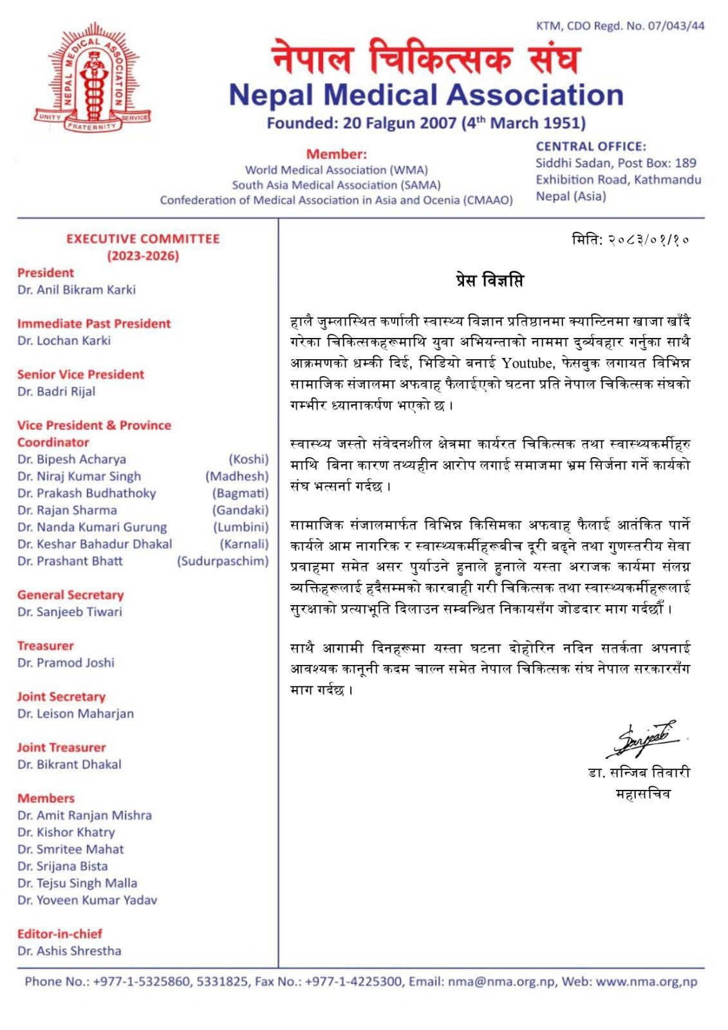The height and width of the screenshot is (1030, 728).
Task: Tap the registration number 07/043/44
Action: pyautogui.click(x=675, y=26)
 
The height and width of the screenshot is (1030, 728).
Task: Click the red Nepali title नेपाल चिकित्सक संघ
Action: pyautogui.click(x=425, y=57)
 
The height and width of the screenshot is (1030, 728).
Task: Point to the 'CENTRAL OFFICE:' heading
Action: pyautogui.click(x=591, y=147)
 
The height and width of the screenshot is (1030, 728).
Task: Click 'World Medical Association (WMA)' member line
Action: pyautogui.click(x=336, y=170)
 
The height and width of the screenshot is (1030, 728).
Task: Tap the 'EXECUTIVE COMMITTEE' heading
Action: pyautogui.click(x=143, y=239)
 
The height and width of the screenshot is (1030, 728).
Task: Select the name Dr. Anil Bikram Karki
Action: pyautogui.click(x=77, y=290)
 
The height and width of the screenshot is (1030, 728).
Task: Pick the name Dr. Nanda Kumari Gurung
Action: pyautogui.click(x=92, y=527)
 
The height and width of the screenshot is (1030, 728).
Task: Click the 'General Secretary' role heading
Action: pyautogui.click(x=70, y=595)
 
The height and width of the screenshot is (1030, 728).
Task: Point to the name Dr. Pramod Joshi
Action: pyautogui.click(x=66, y=662)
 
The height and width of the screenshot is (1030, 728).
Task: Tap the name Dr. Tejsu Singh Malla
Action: pyautogui.click(x=77, y=883)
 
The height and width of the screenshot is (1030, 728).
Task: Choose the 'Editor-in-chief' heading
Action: pyautogui.click(x=60, y=933)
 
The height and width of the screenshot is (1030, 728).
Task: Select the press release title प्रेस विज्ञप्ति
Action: pyautogui.click(x=489, y=281)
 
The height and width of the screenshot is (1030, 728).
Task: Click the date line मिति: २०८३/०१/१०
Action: pyautogui.click(x=630, y=240)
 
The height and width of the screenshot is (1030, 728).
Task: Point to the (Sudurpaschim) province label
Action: pyautogui.click(x=223, y=561)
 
